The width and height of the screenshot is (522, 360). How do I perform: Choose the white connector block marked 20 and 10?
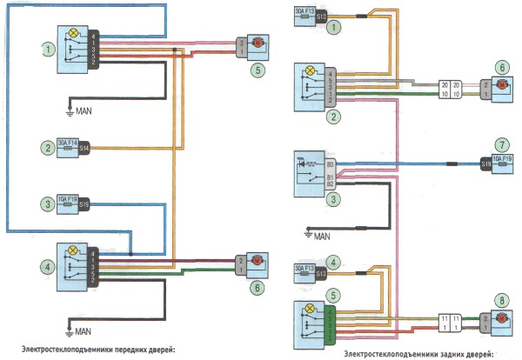pyautogui.click(x=449, y=89)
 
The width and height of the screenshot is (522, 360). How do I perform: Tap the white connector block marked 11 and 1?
pyautogui.click(x=449, y=325)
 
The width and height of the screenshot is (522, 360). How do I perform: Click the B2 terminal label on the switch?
pyautogui.click(x=331, y=184)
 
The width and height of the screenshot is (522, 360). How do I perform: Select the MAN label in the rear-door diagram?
pyautogui.click(x=322, y=235)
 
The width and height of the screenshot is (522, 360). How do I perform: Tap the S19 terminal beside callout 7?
pyautogui.click(x=486, y=163)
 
